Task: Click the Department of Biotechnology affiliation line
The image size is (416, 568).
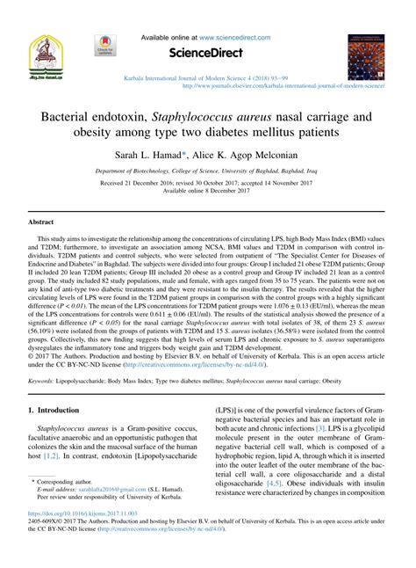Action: pyautogui.click(x=208, y=175)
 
